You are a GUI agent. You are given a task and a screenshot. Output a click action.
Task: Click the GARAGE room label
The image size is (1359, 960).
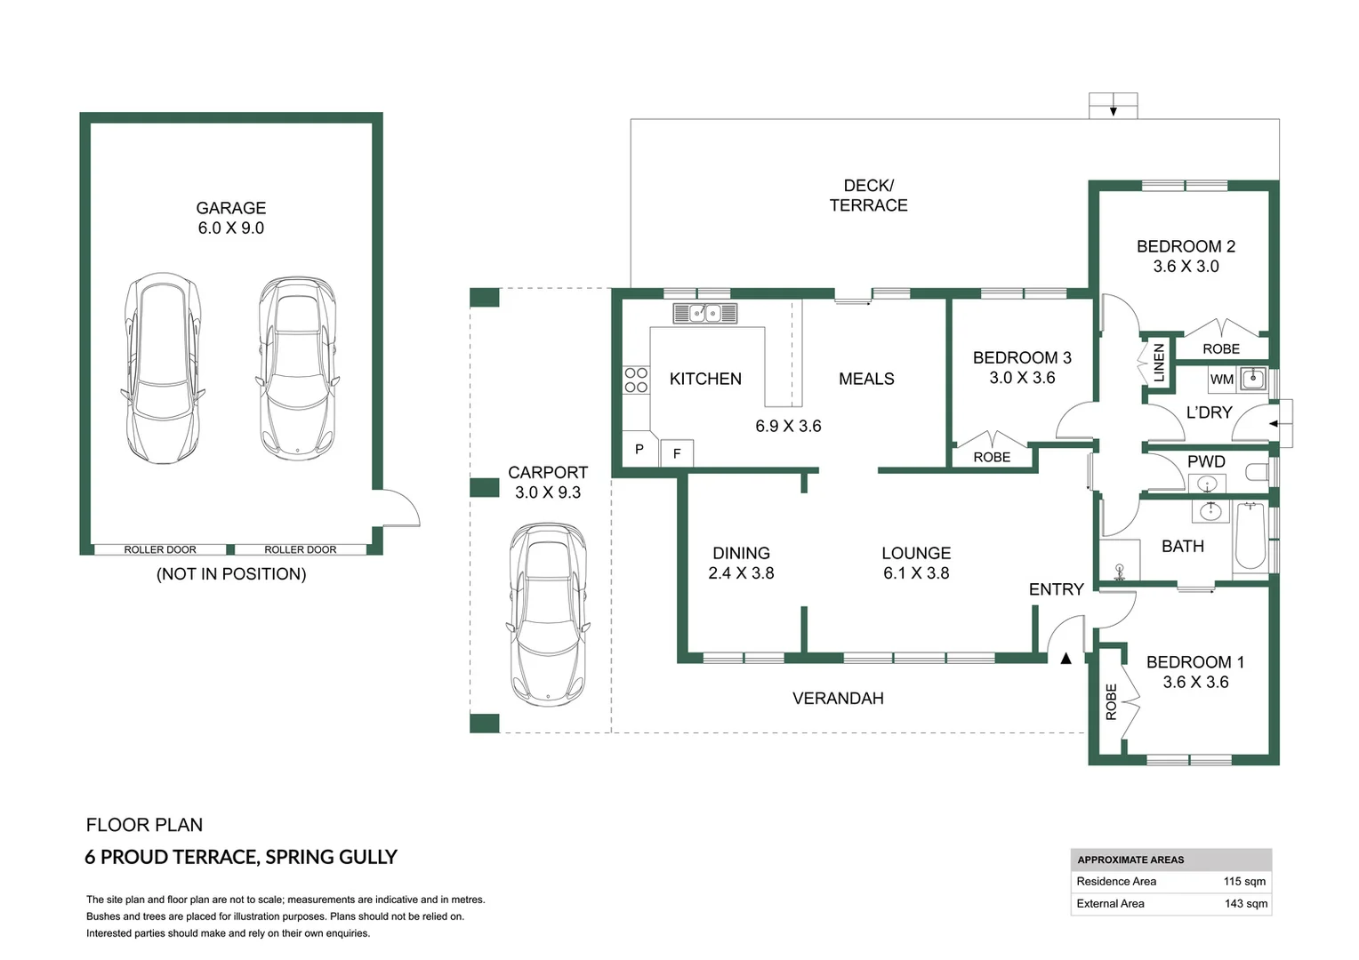tap(231, 208)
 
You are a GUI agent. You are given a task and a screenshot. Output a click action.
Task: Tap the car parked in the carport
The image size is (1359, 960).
tap(548, 614)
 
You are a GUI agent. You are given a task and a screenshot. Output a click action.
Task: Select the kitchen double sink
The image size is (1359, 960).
tap(705, 313)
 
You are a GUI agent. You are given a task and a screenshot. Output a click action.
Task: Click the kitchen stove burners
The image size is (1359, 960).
tap(636, 380)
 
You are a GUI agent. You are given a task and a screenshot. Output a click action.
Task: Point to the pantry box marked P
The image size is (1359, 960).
tap(639, 450)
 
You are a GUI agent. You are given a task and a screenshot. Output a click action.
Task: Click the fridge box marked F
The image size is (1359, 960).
tap(677, 453)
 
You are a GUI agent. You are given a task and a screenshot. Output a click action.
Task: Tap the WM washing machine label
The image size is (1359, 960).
tap(1221, 380)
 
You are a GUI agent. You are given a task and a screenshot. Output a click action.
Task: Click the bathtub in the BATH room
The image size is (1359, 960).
tap(1250, 536)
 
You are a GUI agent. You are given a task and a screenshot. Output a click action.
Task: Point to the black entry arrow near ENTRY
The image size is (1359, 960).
tap(1066, 658)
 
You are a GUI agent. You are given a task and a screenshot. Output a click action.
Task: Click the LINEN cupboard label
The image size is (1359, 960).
tap(1159, 363)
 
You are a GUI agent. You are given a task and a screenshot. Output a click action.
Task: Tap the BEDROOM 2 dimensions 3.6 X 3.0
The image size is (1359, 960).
tap(1186, 267)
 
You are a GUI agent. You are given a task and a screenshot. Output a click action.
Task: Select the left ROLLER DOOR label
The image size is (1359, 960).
tap(160, 549)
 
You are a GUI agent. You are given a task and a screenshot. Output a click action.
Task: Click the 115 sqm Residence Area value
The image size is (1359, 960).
tap(1244, 881)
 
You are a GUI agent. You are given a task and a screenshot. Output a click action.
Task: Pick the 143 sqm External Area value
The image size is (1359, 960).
tap(1245, 904)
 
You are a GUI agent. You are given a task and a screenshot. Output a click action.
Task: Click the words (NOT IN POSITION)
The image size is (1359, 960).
tap(231, 573)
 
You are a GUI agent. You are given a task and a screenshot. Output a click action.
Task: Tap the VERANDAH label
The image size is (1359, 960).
tap(838, 699)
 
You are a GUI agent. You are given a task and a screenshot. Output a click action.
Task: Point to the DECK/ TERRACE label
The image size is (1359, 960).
tap(868, 196)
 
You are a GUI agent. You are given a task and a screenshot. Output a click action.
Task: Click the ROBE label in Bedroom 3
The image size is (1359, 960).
tap(992, 457)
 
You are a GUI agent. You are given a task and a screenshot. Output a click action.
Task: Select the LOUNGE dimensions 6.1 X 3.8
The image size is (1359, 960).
tap(916, 573)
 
